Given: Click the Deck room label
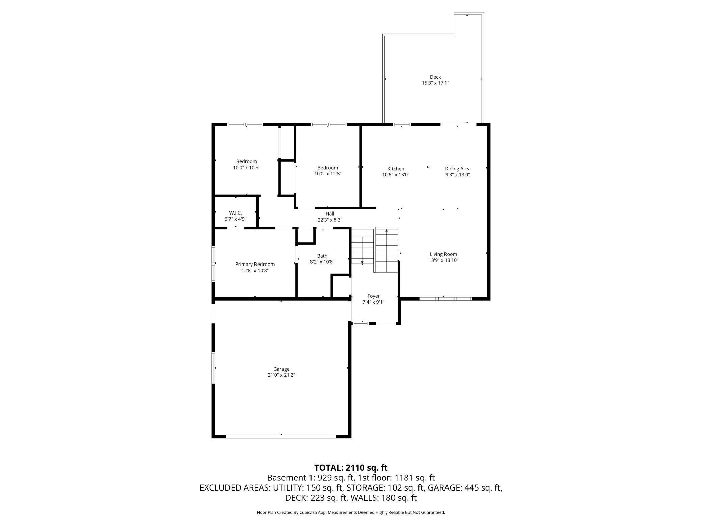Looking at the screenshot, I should (x=435, y=77).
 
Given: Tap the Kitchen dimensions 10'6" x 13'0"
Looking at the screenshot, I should (x=396, y=175).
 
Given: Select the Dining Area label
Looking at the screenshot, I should (x=457, y=169).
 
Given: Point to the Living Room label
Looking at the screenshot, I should (x=443, y=254).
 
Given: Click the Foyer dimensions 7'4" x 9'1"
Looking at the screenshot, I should (x=373, y=302).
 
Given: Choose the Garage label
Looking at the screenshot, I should (x=281, y=369).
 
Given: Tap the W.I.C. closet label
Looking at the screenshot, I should (x=235, y=213).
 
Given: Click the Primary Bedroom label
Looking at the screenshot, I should (x=255, y=264).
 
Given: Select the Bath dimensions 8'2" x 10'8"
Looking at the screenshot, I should (x=322, y=262).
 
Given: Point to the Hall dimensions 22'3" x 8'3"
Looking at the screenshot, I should (x=330, y=220).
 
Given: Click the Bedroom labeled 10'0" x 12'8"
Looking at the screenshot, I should (x=327, y=170).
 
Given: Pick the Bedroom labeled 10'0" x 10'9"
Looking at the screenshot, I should (x=246, y=164).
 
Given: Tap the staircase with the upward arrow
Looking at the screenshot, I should (x=386, y=250).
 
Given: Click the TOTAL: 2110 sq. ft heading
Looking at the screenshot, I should (x=351, y=468).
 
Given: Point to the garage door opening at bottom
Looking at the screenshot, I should (x=281, y=436).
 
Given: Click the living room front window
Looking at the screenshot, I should (x=445, y=299).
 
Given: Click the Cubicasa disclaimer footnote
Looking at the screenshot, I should (x=351, y=512).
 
